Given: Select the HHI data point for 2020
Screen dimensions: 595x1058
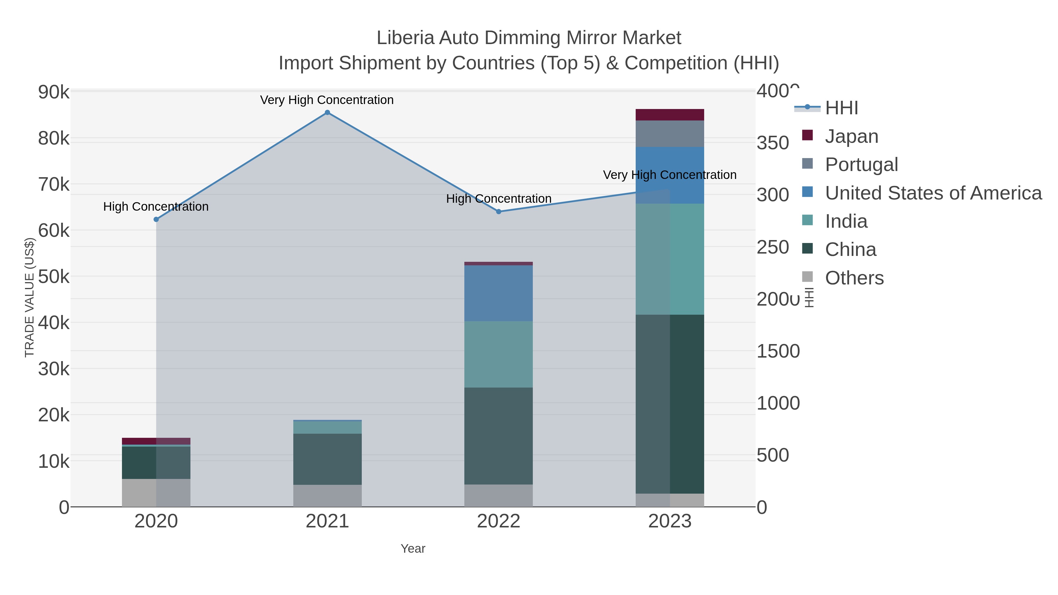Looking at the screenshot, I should (156, 219).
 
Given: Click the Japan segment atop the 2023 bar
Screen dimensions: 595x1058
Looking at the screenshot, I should (669, 115).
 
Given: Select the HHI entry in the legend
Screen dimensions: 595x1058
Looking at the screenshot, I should (841, 108).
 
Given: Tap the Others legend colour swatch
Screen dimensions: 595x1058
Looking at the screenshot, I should (807, 277).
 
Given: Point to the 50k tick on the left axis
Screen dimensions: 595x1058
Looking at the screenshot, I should (54, 277).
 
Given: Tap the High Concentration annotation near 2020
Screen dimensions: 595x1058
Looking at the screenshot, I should (156, 207).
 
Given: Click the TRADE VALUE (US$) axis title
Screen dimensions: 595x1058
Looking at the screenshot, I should (29, 297).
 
